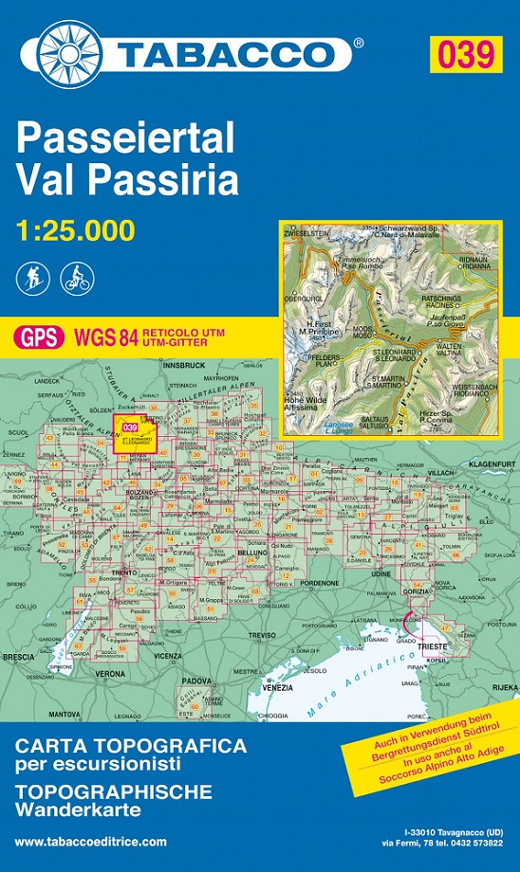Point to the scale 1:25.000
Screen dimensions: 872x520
[x=75, y=229]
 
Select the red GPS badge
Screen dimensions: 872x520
[x=39, y=336]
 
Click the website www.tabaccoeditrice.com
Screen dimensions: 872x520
[x=90, y=842]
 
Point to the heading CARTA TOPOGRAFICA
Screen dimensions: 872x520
[x=130, y=746]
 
